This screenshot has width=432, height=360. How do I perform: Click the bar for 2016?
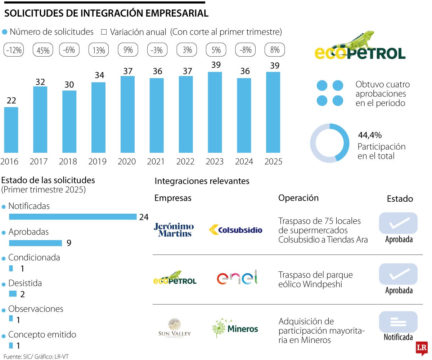[x=11, y=130]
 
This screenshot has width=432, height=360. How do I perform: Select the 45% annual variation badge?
[x=43, y=50]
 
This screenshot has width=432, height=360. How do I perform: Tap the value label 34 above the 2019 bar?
[x=99, y=76]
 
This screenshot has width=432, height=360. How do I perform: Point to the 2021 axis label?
[x=157, y=161]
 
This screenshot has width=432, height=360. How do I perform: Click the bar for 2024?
[x=244, y=115]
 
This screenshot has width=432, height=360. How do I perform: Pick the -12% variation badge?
[x=14, y=50]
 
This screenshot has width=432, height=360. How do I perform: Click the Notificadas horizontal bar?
[x=72, y=217]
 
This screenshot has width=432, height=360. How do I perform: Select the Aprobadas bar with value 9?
[x=35, y=243]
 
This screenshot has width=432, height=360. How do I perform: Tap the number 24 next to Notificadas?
[x=144, y=217]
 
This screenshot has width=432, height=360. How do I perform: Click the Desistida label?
[x=25, y=283]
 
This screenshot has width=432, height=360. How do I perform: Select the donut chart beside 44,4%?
[x=329, y=143]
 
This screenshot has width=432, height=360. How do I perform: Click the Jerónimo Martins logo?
[x=174, y=230]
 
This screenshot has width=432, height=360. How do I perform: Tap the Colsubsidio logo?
[x=235, y=230]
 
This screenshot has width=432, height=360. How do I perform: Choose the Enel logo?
[x=237, y=278]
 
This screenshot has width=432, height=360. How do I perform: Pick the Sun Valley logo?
[x=175, y=328]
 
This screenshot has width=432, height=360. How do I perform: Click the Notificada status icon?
[x=398, y=322]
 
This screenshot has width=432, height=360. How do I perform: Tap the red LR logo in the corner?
[x=421, y=348]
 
